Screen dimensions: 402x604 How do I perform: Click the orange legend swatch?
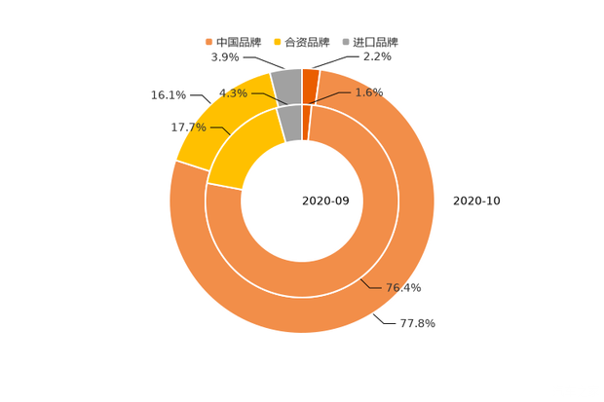pyautogui.click(x=208, y=42)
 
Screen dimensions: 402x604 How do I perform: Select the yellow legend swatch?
pyautogui.click(x=279, y=42)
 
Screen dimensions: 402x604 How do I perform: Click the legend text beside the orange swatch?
pyautogui.click(x=240, y=42)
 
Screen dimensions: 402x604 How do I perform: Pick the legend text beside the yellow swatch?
pyautogui.click(x=310, y=42)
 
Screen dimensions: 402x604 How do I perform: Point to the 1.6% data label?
pyautogui.click(x=369, y=92)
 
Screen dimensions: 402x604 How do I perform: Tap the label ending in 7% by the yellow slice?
pyautogui.click(x=188, y=128)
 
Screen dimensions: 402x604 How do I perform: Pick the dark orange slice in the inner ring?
pyautogui.click(x=306, y=122)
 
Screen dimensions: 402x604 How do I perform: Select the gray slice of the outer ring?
pyautogui.click(x=286, y=86)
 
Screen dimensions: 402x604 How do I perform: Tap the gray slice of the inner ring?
pyautogui.click(x=290, y=122)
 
